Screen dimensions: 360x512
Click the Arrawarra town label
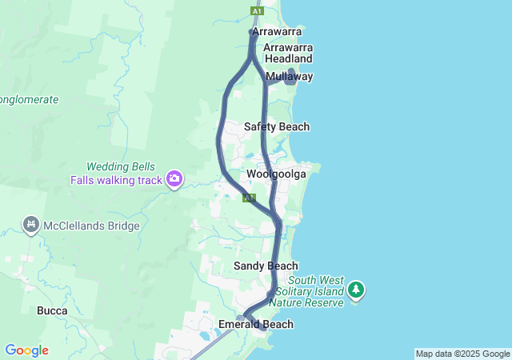(277, 31)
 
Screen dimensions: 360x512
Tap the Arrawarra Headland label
(287, 53)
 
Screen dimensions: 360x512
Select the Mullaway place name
(289, 76)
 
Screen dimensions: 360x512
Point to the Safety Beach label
(276, 126)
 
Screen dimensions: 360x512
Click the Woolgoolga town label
(276, 174)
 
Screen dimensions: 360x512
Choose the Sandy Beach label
(266, 266)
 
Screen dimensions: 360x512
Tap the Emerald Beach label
(256, 324)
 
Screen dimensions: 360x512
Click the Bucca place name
(52, 310)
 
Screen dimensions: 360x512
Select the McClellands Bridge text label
(92, 226)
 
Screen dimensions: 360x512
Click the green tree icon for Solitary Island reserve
(356, 289)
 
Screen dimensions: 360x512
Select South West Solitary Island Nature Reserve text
(307, 291)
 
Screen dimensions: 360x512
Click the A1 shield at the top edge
(256, 11)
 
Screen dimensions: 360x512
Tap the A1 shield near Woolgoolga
(250, 198)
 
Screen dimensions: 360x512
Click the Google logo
(26, 350)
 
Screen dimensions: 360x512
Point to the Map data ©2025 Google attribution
(462, 354)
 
